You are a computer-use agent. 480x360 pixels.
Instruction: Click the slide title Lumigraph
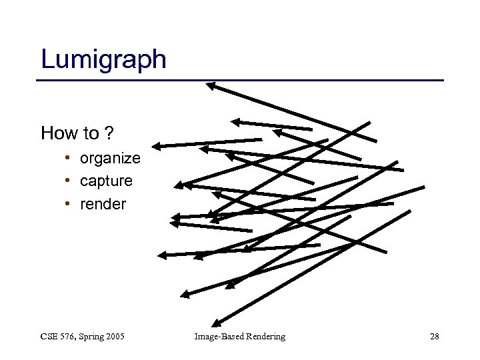[103, 59]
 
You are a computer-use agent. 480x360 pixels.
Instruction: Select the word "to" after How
[91, 133]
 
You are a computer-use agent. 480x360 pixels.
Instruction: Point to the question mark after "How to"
[107, 133]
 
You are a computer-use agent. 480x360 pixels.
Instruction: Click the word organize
[110, 159]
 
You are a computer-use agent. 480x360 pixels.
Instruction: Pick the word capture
[106, 181]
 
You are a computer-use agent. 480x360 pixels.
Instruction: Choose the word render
[103, 204]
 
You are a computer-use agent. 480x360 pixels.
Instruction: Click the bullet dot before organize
[69, 158]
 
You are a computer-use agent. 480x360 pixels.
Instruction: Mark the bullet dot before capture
[69, 181]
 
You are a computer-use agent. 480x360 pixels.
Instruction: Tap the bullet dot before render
[69, 203]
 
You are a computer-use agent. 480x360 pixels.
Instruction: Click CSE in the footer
[50, 337]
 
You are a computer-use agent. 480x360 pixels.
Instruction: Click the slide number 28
[435, 337]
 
